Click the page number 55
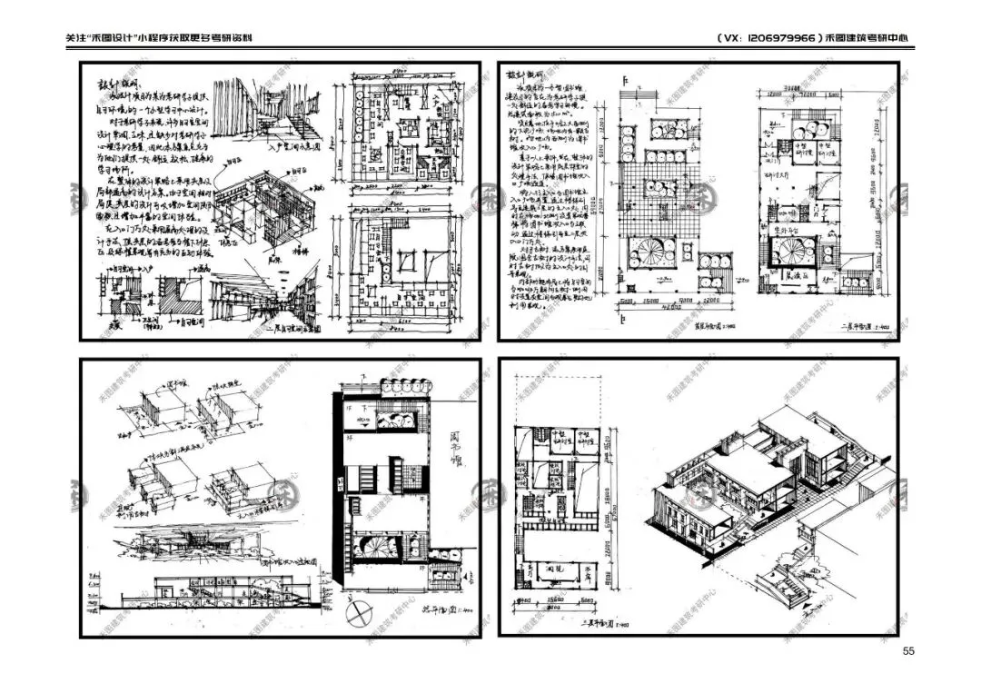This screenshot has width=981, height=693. [x=908, y=650]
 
